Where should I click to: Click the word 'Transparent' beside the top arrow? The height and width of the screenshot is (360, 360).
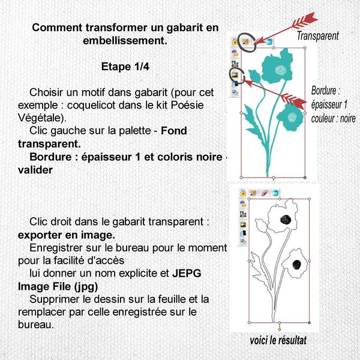[x=318, y=36]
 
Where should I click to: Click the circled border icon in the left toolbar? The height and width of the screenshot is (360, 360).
[x=235, y=74]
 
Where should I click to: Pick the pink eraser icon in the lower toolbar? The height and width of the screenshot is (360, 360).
[x=265, y=193]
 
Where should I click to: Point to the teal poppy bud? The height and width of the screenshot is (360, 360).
[x=254, y=77]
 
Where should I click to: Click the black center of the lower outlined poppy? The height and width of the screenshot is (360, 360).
[x=295, y=265]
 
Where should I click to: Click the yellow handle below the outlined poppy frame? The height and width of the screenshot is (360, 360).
[x=280, y=329]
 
